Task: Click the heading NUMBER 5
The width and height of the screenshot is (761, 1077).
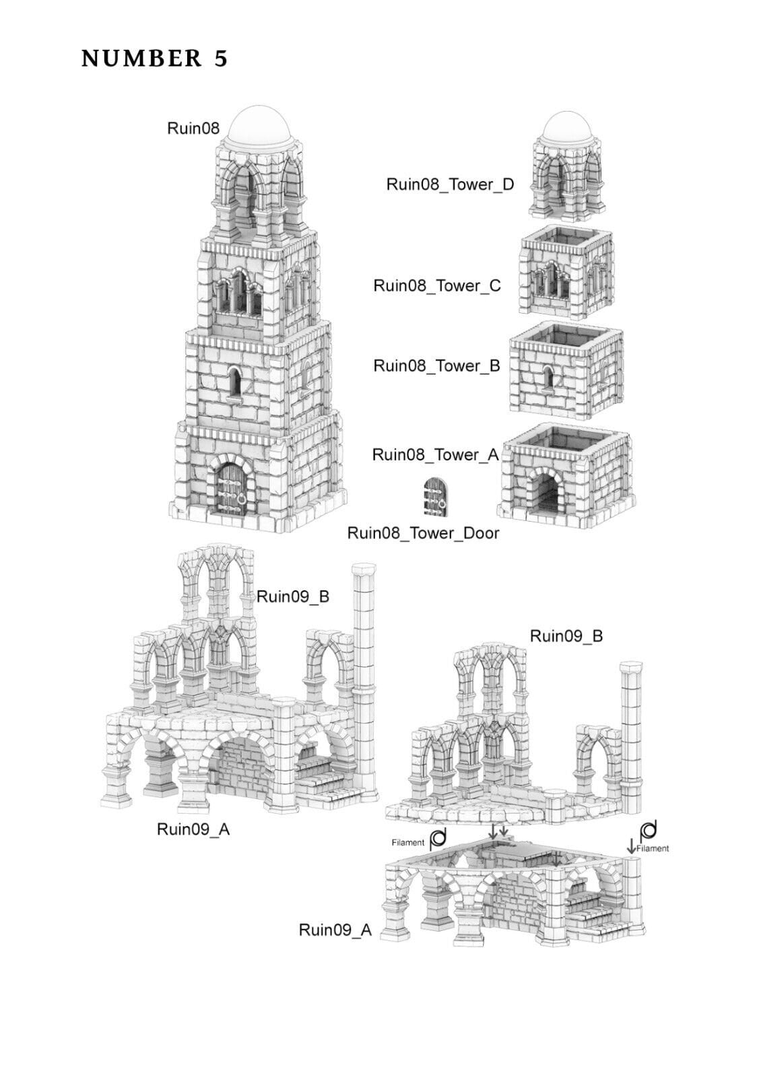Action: tap(154, 59)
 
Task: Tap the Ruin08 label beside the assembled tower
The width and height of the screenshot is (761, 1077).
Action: tap(193, 128)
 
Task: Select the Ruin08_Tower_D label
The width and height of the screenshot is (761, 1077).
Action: tap(449, 184)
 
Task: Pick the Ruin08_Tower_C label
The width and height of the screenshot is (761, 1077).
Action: tap(437, 285)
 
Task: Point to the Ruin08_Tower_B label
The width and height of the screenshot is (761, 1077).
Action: tap(436, 366)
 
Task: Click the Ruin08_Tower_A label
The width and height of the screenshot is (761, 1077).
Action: tap(435, 455)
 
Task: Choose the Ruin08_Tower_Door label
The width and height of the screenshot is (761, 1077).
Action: tap(423, 533)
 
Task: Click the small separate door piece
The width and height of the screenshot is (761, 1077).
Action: tap(435, 497)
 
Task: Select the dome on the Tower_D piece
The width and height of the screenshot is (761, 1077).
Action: tap(567, 127)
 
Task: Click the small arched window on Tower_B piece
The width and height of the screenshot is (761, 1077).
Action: tap(549, 379)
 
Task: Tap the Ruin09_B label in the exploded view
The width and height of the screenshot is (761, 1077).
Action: tap(566, 636)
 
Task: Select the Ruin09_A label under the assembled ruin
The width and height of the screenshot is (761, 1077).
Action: tap(193, 829)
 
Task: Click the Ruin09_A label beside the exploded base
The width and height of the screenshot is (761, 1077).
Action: tap(335, 930)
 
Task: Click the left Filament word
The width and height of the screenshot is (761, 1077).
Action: tap(408, 842)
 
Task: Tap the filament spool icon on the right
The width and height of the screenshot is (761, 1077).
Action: tap(649, 829)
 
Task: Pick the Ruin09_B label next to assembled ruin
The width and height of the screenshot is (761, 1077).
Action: tap(293, 596)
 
